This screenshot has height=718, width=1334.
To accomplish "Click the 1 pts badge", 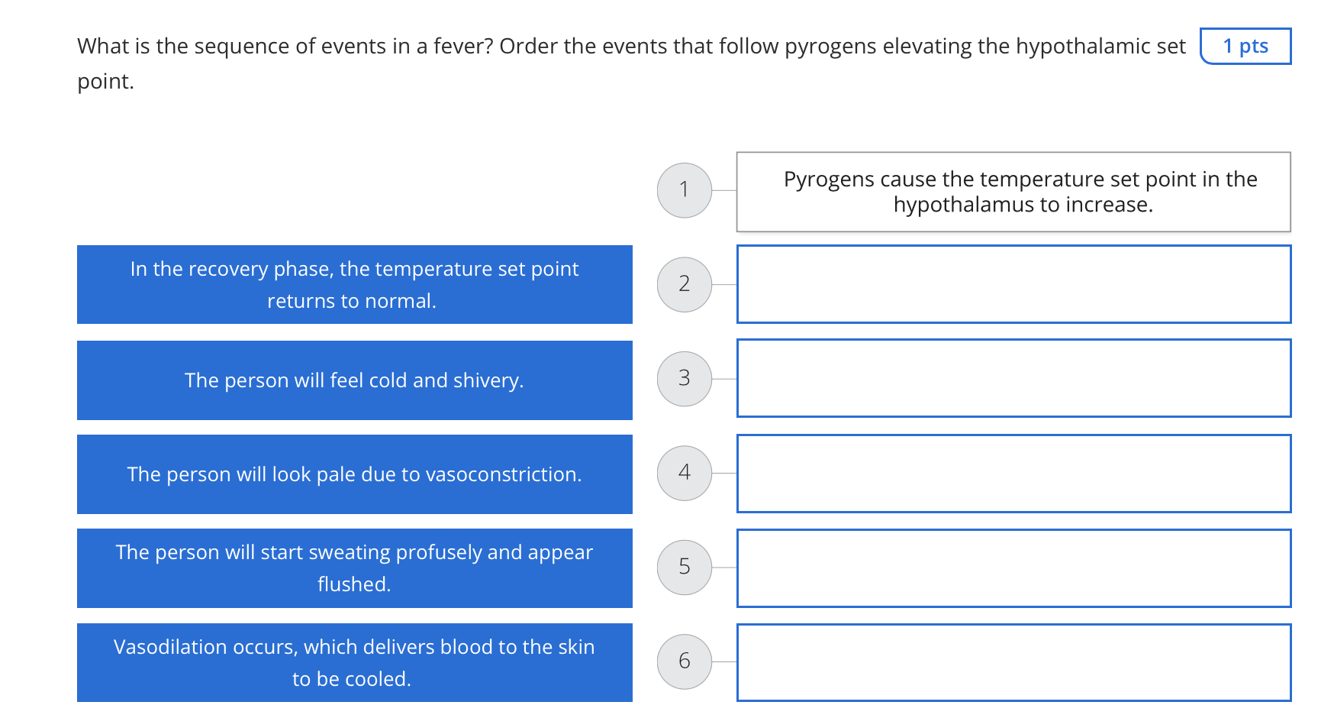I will (x=1245, y=47).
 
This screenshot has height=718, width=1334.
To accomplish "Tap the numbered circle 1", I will (x=685, y=190).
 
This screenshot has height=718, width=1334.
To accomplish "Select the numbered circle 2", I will (x=685, y=284).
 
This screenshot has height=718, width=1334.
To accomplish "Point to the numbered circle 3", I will (x=685, y=379).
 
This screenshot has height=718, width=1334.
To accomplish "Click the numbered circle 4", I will (x=685, y=473).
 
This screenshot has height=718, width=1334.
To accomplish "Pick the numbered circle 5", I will (x=685, y=568).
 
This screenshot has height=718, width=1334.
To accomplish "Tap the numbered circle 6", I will (x=685, y=661).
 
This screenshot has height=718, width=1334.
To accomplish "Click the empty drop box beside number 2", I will (x=1013, y=284).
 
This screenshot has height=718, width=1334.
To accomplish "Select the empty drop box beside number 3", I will (x=1013, y=379).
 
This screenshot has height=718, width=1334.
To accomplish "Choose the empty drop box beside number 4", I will (x=1013, y=474).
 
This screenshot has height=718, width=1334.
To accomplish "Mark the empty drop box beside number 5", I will (x=1013, y=568).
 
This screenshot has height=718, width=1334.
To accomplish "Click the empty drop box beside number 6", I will (x=1013, y=662).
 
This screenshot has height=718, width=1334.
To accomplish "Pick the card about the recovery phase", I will (x=354, y=284).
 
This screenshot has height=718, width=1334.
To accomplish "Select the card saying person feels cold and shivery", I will (x=354, y=380).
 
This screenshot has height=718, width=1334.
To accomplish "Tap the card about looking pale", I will (x=354, y=474).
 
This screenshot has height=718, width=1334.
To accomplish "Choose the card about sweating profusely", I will (x=354, y=568).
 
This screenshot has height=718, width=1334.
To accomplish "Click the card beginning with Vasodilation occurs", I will (x=354, y=662).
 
